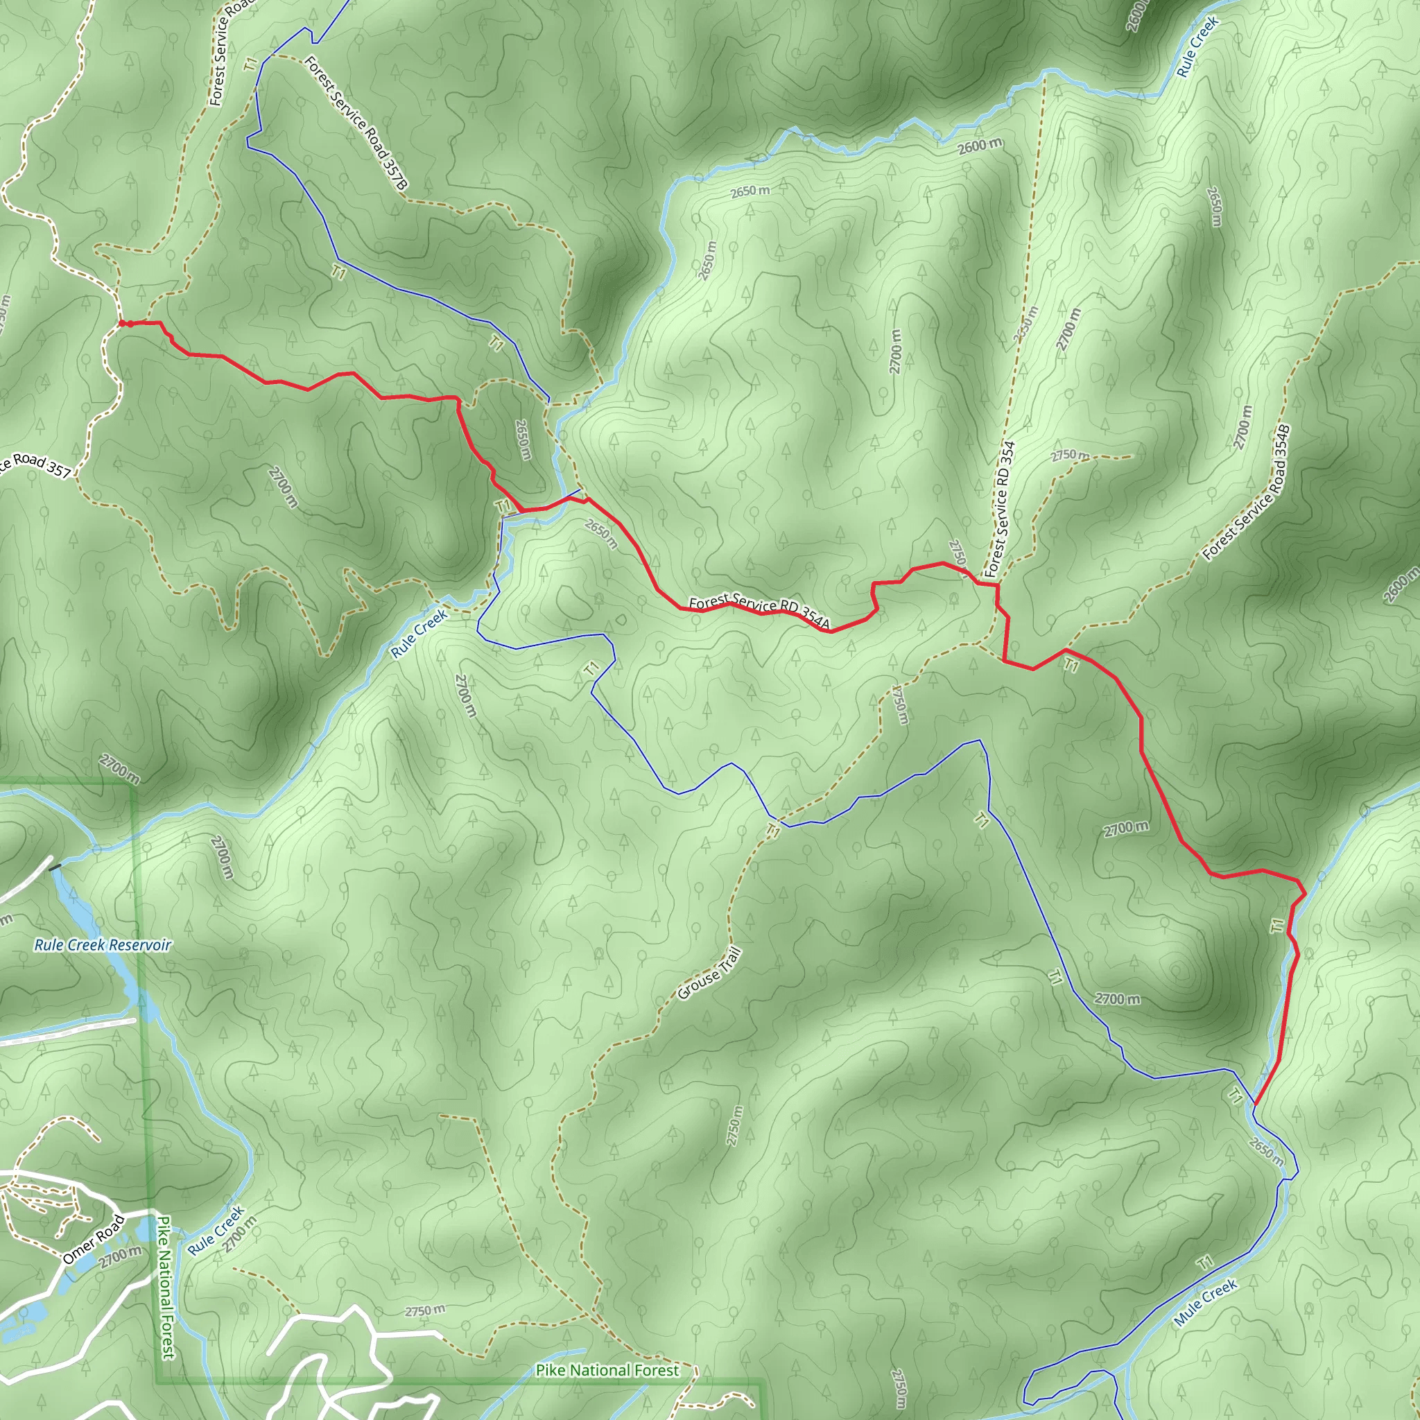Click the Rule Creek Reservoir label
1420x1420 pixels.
[x=102, y=945]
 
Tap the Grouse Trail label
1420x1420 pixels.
[x=709, y=975]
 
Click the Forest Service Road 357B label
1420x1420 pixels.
[x=355, y=122]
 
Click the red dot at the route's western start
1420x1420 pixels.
[x=122, y=322]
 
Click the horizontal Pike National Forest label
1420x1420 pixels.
[x=607, y=1370]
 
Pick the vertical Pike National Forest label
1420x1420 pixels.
[x=166, y=1287]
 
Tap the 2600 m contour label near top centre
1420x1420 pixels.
[x=980, y=146]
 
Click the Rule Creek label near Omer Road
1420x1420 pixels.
[x=216, y=1231]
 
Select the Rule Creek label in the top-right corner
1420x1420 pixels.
[x=1197, y=46]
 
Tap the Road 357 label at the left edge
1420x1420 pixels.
[x=35, y=465]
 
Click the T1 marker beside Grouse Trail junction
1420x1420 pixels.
[x=772, y=831]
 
